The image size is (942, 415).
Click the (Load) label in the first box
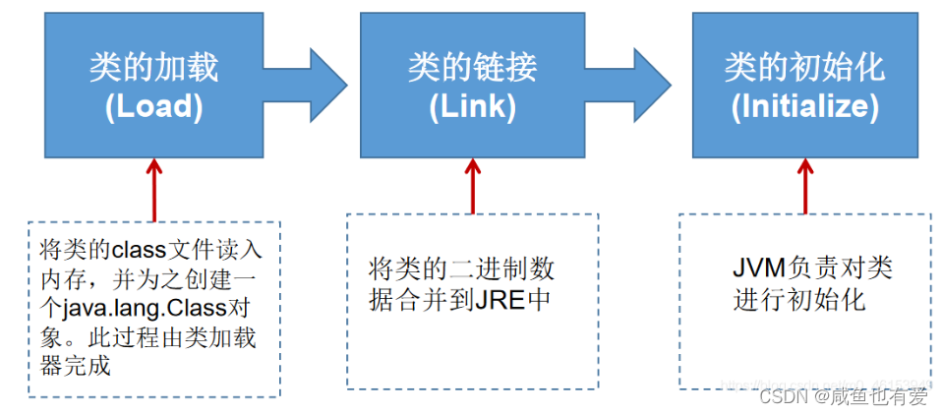coord(153,107)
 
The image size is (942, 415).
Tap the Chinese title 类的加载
coord(153,67)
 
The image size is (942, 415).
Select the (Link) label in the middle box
coord(472,107)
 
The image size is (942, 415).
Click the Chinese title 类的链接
coord(472,67)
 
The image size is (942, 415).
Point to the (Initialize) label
coord(804,107)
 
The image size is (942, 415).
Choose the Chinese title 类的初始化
coord(804,67)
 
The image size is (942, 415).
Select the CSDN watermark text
coord(784,396)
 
